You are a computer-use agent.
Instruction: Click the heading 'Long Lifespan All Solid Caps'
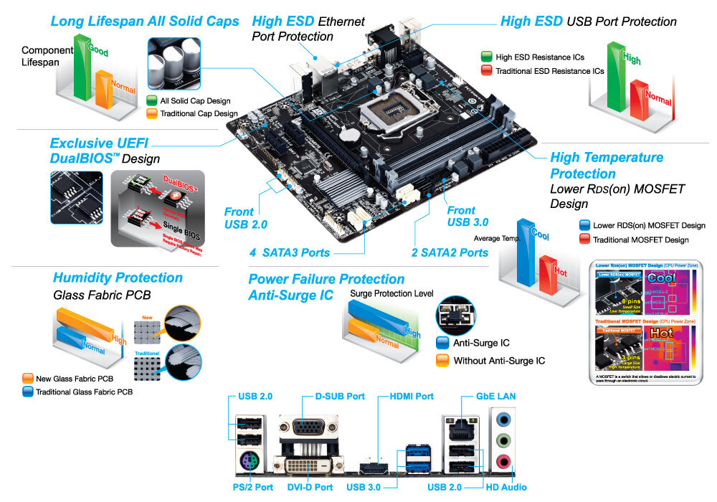point(145,22)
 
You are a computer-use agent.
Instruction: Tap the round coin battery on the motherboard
point(349,133)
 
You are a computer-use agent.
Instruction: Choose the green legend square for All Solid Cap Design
point(151,101)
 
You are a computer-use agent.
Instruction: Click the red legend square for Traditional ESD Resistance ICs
point(486,70)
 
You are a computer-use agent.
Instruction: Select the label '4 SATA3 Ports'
point(290,252)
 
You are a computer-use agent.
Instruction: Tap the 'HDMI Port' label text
point(411,397)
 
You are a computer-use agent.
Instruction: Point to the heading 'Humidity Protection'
point(118,278)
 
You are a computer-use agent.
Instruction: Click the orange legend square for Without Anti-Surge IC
point(442,360)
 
